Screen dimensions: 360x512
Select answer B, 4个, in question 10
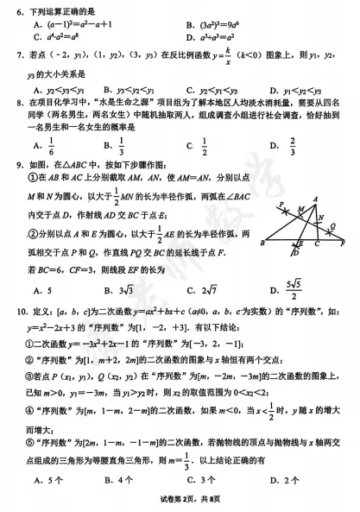[117, 477]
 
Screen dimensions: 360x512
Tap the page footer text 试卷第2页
[169, 503]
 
